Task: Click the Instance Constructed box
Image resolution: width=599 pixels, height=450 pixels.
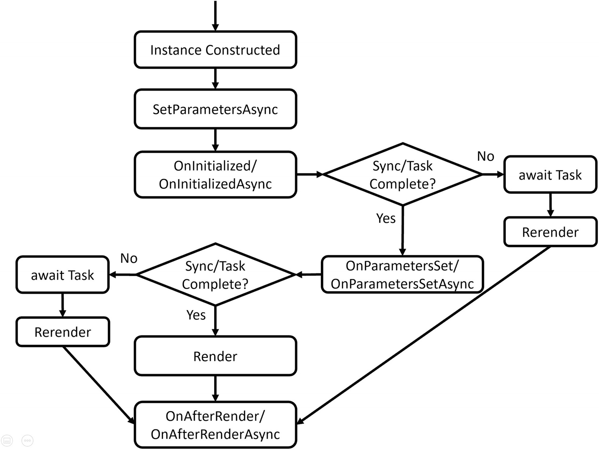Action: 215,50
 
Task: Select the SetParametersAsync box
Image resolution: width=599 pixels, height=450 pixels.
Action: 215,109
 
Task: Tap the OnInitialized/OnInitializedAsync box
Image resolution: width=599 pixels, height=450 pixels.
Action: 215,174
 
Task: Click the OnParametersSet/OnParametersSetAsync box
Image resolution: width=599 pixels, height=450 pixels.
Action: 402,274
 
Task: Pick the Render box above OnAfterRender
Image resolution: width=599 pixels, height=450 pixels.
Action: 215,356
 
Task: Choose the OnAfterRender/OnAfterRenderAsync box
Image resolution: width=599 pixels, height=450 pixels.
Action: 215,425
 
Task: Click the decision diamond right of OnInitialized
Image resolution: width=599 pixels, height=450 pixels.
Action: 402,174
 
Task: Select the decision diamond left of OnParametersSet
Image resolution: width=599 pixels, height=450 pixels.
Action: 215,274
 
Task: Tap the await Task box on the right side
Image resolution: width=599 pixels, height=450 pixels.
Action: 550,174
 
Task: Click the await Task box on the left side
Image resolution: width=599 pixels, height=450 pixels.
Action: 63,275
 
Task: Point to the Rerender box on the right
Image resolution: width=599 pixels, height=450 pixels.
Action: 550,232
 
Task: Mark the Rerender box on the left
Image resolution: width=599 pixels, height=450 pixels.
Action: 63,332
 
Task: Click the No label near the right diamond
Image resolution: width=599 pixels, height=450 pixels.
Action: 486,156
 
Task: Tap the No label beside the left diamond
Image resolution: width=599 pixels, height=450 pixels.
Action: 129,258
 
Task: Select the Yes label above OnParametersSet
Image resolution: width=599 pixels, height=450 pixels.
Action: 386,218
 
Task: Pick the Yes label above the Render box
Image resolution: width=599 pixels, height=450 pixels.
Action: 196,315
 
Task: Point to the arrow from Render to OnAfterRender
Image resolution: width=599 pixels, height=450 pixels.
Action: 215,388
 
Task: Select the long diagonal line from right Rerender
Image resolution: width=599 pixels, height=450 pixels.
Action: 423,335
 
